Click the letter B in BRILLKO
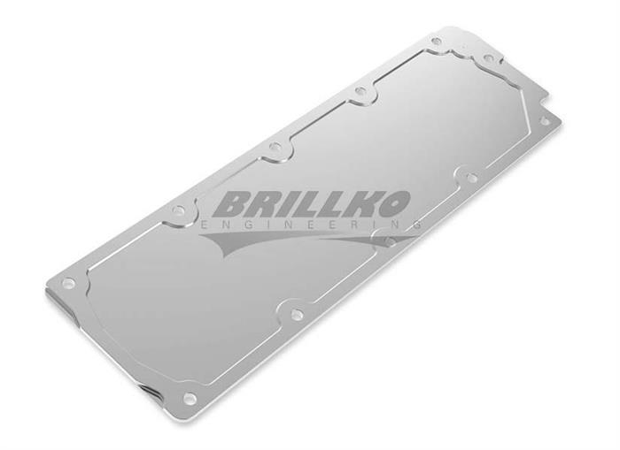point(231,205)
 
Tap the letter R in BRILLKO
point(267,205)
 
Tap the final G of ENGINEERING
point(416,225)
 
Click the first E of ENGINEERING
point(205,225)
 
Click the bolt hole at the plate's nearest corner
point(190,398)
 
